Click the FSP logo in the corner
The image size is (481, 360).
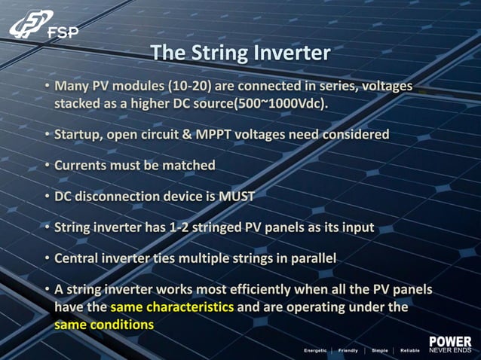tap(43, 26)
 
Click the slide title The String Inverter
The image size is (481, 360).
tap(240, 53)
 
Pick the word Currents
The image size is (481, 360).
tap(81, 165)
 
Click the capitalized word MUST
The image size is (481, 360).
tap(237, 196)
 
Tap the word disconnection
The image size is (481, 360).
tap(118, 196)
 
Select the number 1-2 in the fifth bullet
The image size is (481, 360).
tap(188, 227)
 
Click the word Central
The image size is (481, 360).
tap(78, 258)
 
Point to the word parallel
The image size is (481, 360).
tap(312, 258)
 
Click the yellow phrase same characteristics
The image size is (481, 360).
tap(172, 307)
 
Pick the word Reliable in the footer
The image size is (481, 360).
tap(409, 350)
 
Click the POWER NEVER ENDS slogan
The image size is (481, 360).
tap(450, 346)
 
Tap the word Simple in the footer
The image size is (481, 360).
tap(379, 350)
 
